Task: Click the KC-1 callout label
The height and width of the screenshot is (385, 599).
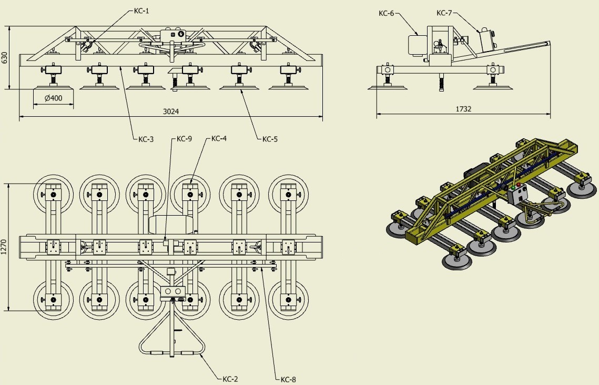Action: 141,11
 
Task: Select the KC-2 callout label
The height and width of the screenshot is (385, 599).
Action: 230,379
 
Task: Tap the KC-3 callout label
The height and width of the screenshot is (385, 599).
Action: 146,139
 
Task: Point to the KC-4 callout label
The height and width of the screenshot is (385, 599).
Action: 219,138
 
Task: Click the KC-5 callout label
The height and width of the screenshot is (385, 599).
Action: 270,139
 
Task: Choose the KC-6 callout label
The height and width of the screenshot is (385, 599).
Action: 386,13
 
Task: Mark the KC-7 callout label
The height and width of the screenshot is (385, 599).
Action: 444,13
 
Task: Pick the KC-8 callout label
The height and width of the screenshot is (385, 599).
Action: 288,379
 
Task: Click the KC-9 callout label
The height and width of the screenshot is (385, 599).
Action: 184,139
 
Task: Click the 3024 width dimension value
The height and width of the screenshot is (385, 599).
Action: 171,112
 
